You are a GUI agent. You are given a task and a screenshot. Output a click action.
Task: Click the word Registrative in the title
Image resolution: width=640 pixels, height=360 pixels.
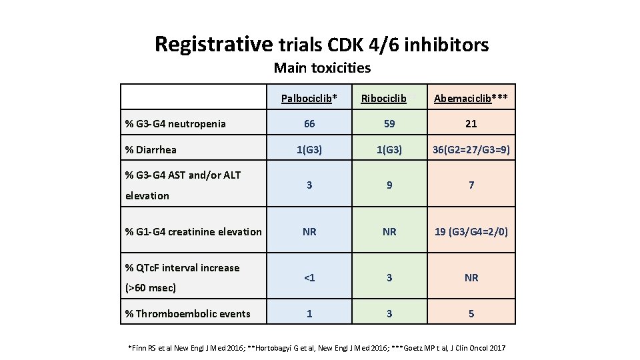pos(213,44)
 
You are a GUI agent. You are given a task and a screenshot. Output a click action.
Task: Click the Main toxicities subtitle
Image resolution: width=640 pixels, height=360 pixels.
pos(322,67)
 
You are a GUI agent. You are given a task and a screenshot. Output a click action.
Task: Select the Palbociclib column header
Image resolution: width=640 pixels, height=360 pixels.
pos(309,99)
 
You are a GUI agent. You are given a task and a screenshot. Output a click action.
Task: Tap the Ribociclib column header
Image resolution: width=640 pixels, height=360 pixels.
pos(384,99)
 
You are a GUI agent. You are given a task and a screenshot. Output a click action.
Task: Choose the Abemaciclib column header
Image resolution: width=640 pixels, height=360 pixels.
pos(471,99)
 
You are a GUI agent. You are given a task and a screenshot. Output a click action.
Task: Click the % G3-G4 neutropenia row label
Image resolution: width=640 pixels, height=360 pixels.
pos(175,123)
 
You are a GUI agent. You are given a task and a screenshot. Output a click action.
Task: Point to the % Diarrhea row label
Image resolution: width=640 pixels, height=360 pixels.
pos(151,149)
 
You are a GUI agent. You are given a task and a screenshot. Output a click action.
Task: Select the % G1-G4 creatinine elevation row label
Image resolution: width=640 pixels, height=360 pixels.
pos(193,231)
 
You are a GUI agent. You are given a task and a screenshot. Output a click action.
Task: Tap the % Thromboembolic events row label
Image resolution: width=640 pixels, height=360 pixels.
pos(188,313)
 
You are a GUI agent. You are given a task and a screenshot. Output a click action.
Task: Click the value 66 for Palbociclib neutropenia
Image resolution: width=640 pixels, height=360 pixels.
pos(309,123)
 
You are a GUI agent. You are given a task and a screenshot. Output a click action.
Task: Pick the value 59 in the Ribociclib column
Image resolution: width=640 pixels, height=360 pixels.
pos(389,123)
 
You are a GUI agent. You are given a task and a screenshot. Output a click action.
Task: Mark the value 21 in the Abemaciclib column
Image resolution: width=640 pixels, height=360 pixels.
pos(471,123)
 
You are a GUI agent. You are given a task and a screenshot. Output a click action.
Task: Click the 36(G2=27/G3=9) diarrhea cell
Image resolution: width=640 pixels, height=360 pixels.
pos(471,149)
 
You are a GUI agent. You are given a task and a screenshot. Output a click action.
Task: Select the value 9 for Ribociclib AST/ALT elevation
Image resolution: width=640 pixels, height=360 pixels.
pos(389,185)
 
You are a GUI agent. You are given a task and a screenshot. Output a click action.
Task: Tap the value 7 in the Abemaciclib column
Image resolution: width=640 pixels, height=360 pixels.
pos(471,185)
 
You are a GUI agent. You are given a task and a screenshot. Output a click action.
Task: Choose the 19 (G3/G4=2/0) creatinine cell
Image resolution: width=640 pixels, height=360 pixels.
pos(471,231)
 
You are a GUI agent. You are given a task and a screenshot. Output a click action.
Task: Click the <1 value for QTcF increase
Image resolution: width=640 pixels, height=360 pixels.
pos(309,277)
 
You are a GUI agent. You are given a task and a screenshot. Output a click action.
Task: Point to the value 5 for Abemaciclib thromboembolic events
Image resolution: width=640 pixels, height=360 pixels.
pos(471,313)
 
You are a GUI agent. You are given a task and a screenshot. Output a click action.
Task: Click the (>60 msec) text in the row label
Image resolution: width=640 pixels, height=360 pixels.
pos(151,288)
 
